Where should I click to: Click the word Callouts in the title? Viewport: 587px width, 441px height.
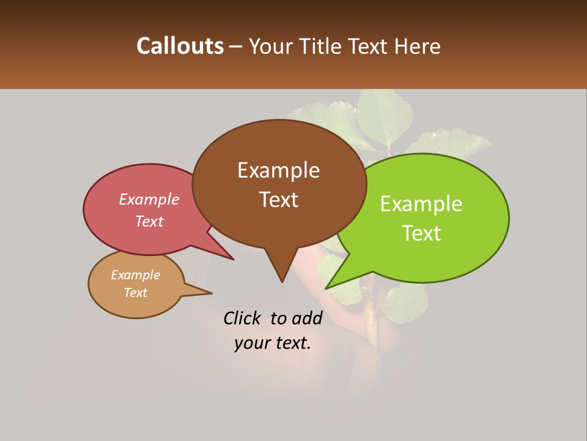(x=180, y=46)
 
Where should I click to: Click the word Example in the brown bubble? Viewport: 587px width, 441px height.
(x=278, y=170)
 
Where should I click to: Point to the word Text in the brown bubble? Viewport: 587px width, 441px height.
(x=278, y=200)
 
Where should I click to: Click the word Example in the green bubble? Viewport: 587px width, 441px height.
(x=421, y=204)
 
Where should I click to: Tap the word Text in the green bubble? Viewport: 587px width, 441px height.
(x=421, y=233)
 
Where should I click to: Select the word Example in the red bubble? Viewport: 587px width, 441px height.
(x=149, y=200)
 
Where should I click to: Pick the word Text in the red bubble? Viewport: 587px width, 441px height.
(x=149, y=222)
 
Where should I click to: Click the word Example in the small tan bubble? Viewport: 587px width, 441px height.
(x=135, y=275)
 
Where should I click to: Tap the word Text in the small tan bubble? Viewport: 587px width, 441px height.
(x=135, y=293)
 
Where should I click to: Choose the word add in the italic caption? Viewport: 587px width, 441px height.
(x=307, y=318)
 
